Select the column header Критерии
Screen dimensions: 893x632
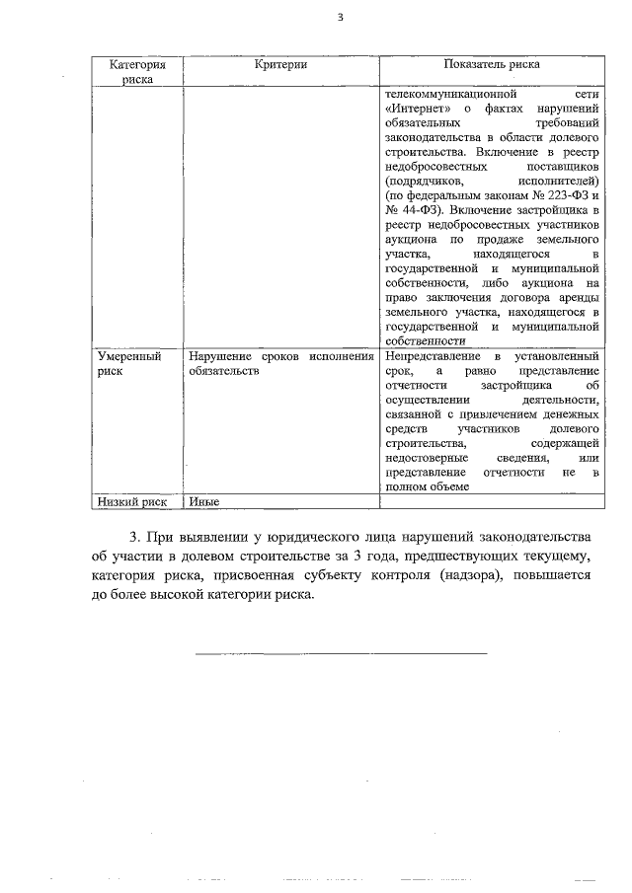[x=279, y=64]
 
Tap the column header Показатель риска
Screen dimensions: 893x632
[x=491, y=64]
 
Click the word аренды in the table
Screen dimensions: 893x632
[x=577, y=299]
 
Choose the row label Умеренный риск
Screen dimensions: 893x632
[x=128, y=363]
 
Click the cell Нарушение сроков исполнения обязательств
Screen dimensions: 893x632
[x=279, y=363]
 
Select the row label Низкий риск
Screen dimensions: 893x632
[x=130, y=501]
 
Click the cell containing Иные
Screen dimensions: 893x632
[x=202, y=501]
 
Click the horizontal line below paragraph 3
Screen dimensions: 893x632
[x=341, y=652]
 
